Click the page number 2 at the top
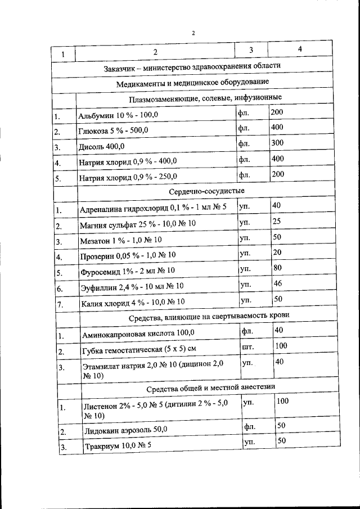[193, 33]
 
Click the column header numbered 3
[251, 51]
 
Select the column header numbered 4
[300, 49]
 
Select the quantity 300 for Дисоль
[277, 143]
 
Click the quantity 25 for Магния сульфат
[277, 222]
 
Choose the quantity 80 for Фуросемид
[277, 268]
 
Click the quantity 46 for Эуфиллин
[277, 283]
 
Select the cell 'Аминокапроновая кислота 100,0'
[138, 334]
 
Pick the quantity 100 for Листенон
[283, 400]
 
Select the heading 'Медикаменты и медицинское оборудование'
[192, 83]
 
